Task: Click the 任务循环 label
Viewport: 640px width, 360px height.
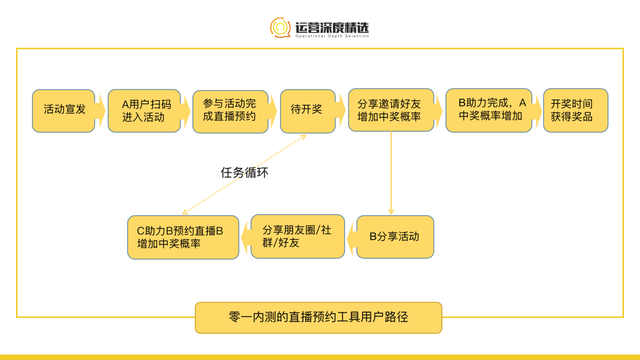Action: pos(243,172)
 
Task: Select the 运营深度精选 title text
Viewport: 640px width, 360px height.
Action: pos(333,24)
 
